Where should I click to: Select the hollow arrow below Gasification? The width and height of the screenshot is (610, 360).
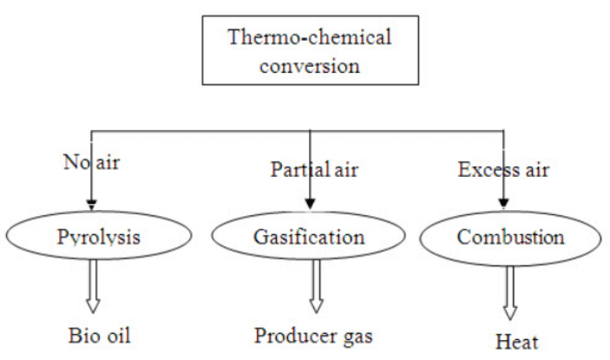tap(316, 286)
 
